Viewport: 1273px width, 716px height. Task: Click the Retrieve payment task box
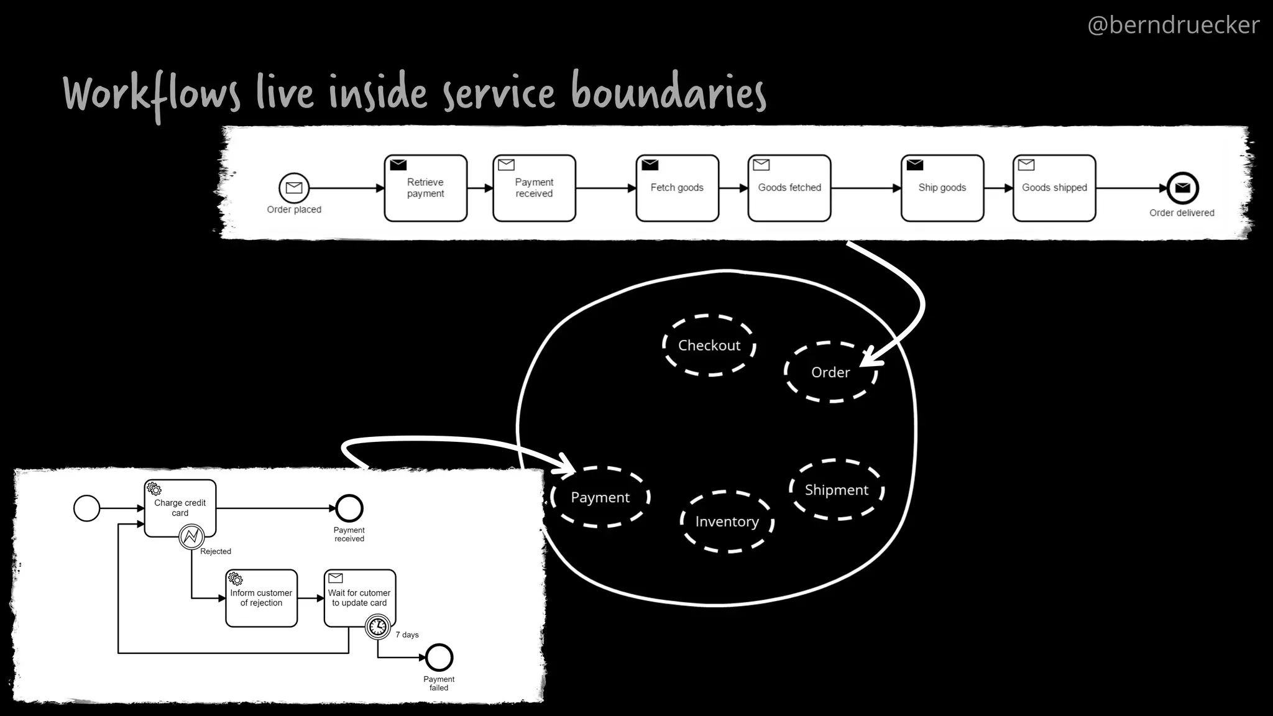(x=425, y=188)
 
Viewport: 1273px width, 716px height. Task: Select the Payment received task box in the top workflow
(x=534, y=188)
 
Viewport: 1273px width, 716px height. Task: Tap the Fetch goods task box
(x=677, y=188)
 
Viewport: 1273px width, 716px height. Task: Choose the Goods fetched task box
(x=789, y=188)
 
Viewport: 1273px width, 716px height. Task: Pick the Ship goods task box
(x=942, y=188)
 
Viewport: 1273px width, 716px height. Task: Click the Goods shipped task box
(x=1054, y=188)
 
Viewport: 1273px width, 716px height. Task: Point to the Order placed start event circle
(x=294, y=188)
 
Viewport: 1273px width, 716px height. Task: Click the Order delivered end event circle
(x=1182, y=188)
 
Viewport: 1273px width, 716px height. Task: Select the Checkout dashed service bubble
(x=709, y=346)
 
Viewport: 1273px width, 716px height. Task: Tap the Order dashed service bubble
(x=830, y=372)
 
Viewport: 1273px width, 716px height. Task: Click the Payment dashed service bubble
(x=600, y=497)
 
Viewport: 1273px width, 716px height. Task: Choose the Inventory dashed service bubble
(x=727, y=521)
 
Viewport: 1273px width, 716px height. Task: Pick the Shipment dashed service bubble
(x=836, y=490)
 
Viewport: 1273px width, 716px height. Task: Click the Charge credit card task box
(x=180, y=507)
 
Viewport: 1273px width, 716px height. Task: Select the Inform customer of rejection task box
(x=261, y=598)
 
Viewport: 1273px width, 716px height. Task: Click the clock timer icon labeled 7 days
(x=378, y=626)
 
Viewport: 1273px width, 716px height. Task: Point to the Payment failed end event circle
(x=439, y=658)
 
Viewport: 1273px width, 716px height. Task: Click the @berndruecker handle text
(x=1173, y=25)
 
